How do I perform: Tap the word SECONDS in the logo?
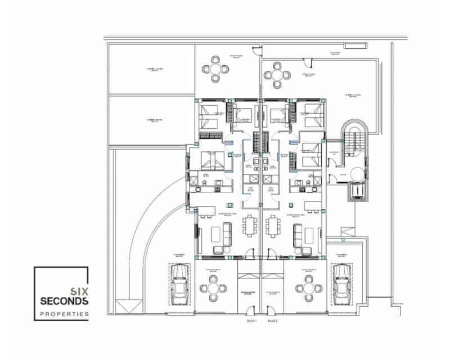tap(64, 301)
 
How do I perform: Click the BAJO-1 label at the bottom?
tap(251, 321)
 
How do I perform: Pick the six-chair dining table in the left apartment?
tap(250, 227)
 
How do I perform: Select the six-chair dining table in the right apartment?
tap(273, 227)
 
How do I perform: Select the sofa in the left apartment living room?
tap(227, 233)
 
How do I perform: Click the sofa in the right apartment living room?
tap(296, 233)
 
